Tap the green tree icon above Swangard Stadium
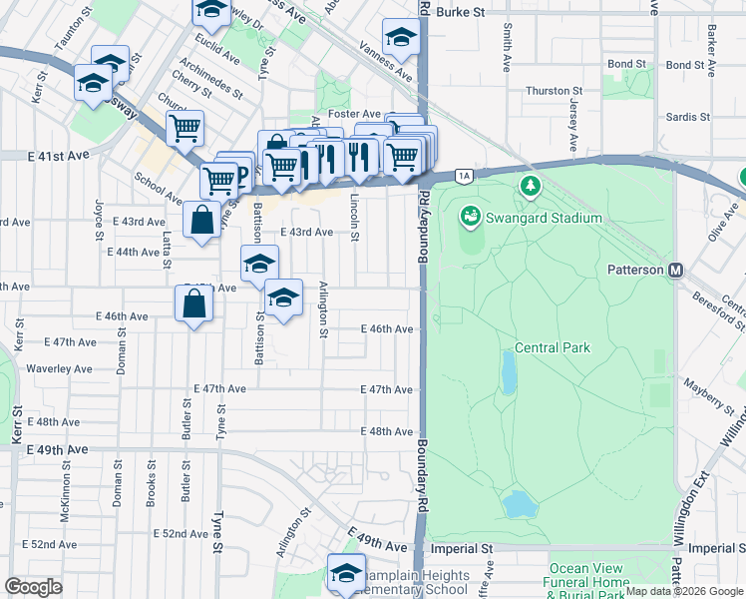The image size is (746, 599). click(531, 186)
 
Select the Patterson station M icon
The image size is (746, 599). click(675, 271)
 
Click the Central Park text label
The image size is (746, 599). click(553, 348)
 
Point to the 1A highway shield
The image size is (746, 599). click(464, 177)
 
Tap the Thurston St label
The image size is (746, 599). click(547, 91)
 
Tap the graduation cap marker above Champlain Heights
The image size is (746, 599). click(346, 573)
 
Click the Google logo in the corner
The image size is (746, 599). click(34, 587)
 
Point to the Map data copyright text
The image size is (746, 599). click(684, 591)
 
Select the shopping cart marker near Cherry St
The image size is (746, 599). click(185, 128)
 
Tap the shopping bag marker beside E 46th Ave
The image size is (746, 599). click(193, 303)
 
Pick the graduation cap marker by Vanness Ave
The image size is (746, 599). click(401, 37)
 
